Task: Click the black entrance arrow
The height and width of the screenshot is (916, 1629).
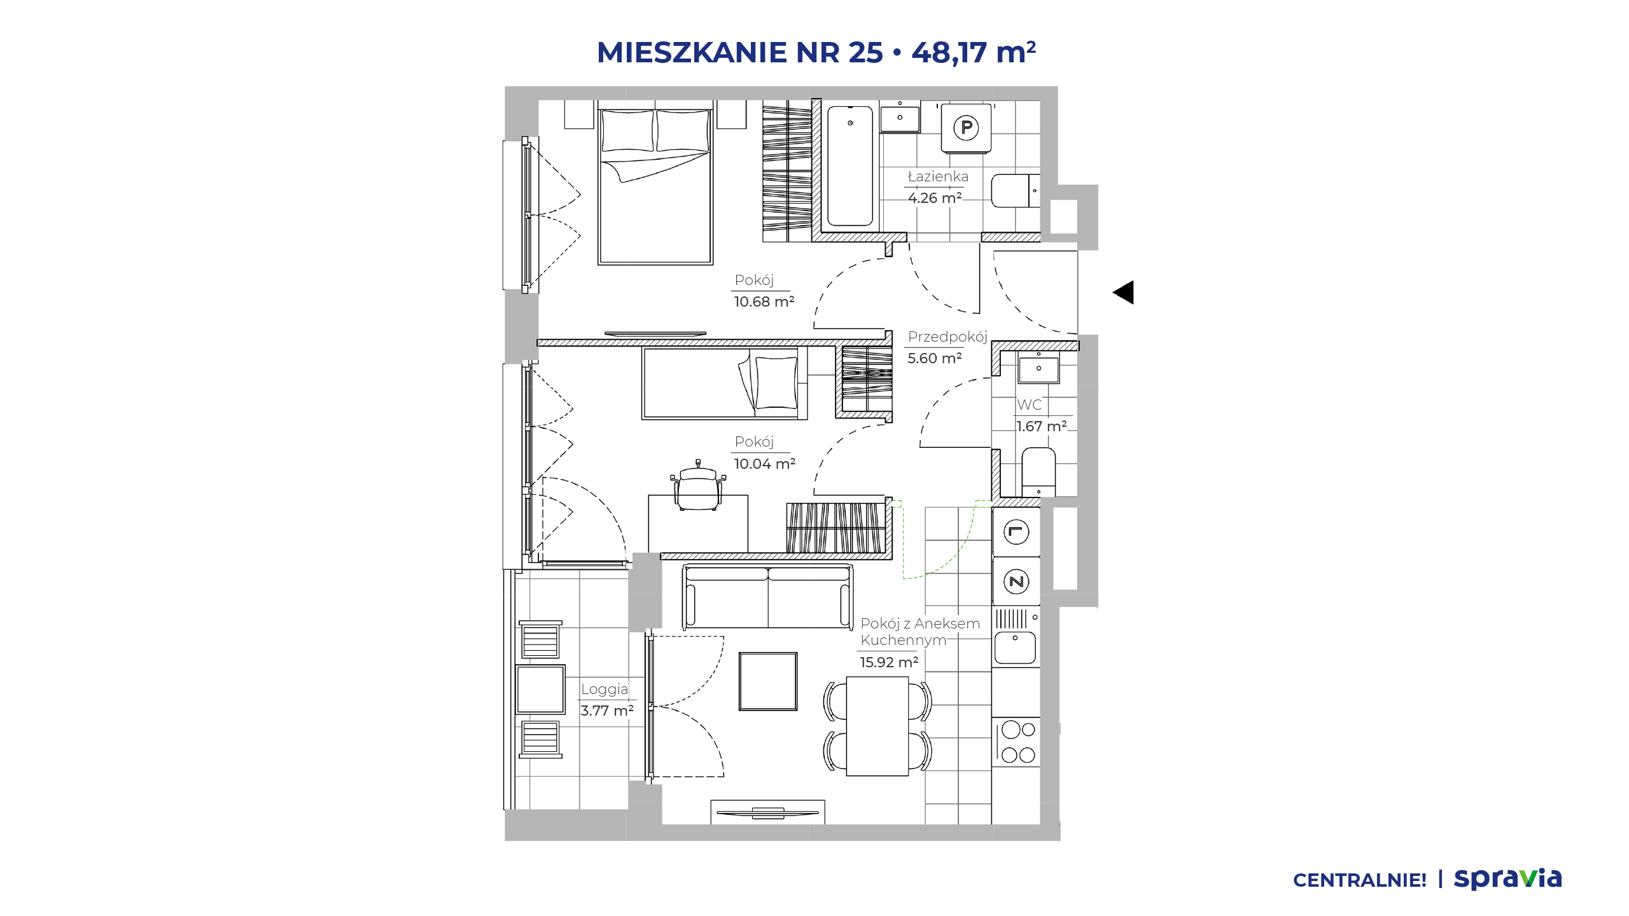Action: point(1124,293)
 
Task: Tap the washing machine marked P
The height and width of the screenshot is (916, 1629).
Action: point(966,128)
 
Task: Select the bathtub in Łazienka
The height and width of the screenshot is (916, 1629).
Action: point(849,166)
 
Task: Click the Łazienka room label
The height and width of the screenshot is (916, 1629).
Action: point(938,177)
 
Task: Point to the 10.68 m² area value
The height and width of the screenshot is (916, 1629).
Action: point(764,302)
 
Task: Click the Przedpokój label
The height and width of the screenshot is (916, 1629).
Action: point(947,337)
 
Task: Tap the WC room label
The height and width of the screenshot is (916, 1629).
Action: point(1030,405)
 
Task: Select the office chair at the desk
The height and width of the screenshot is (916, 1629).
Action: point(698,486)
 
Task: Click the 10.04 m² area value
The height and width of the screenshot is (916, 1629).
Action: point(765,464)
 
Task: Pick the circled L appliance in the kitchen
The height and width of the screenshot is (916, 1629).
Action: point(1016,532)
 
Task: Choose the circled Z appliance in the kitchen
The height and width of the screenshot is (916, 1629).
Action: point(1016,581)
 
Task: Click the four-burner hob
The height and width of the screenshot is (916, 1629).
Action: point(1018,742)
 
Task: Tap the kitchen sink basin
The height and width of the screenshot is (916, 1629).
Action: point(1016,648)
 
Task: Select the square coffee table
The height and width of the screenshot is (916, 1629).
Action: point(768,681)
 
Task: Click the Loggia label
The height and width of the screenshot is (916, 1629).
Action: point(605,690)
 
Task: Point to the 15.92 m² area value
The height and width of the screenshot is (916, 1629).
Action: point(890,662)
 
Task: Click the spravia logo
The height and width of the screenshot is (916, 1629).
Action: point(1508,878)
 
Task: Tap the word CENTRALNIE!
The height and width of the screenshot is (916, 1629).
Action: point(1360,880)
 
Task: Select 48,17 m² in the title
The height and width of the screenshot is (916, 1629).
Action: point(974,53)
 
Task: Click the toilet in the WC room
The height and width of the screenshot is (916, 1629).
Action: point(1038,471)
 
